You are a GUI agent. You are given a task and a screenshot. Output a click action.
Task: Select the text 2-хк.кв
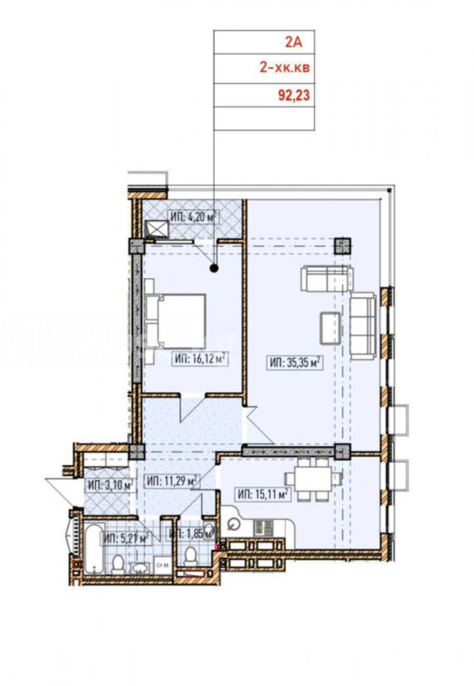285,68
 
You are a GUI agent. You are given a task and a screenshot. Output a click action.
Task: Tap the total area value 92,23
294,95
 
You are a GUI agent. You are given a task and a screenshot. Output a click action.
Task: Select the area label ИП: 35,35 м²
295,363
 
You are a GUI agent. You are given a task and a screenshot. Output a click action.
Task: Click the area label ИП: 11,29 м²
171,482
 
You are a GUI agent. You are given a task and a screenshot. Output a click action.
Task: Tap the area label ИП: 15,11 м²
263,495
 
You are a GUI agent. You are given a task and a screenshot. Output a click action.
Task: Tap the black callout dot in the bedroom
214,268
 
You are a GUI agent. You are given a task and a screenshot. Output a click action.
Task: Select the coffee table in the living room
331,328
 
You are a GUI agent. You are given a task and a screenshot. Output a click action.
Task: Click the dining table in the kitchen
313,479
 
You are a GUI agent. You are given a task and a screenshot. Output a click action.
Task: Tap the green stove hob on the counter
264,527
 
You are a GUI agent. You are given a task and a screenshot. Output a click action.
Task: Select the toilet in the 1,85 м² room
191,556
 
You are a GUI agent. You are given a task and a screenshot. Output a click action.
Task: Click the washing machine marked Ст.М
162,566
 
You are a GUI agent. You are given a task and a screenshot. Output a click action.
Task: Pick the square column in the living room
343,246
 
